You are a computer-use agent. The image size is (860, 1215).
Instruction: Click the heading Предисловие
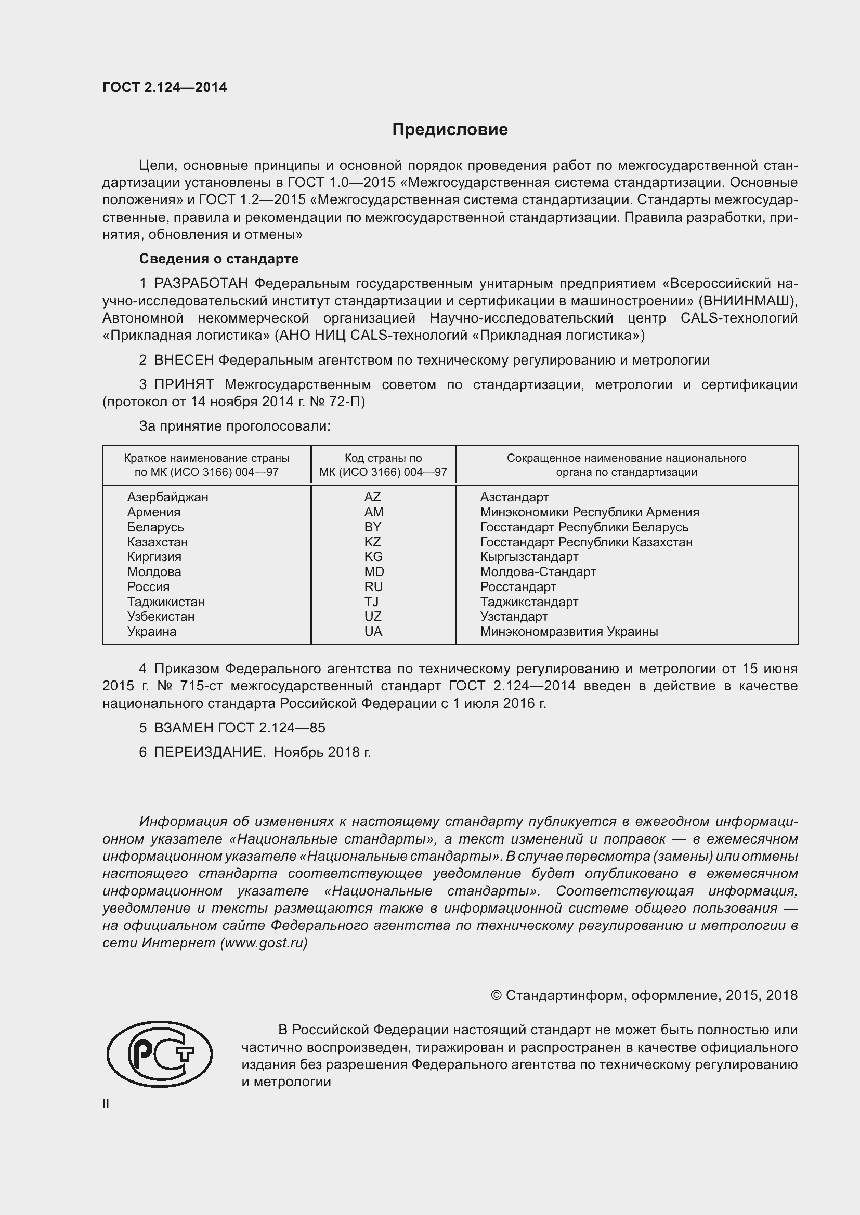coord(450,130)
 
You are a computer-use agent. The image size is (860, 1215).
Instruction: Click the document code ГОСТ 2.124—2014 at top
coord(165,88)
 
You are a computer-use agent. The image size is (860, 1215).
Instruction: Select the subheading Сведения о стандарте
coord(219,259)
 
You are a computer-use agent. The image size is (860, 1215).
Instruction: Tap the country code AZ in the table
coord(372,497)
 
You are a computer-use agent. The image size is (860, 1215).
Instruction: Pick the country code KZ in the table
coord(372,542)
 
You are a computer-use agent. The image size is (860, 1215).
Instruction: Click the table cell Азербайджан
coord(167,497)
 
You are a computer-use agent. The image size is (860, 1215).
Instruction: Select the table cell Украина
coord(151,631)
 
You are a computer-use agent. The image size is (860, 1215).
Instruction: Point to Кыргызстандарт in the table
coord(529,557)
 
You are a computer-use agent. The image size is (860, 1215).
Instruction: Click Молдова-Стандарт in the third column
coord(538,572)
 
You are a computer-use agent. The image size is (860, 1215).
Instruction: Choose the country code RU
coord(373,587)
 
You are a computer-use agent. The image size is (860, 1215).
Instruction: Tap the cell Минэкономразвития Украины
coord(569,631)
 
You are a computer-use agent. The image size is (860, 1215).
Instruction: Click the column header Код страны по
coord(383,458)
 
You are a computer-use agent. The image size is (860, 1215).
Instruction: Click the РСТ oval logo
coord(160,1054)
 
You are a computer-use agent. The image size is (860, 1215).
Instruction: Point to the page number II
coord(106,1103)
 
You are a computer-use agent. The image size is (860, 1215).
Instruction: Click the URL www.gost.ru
coord(263,943)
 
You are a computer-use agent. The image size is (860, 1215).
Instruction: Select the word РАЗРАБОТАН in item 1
coord(201,284)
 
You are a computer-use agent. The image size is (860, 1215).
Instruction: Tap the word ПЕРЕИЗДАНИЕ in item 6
coord(210,752)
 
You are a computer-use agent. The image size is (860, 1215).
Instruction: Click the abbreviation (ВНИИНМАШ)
coord(747,301)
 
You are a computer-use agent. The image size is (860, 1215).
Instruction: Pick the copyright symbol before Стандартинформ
coord(496,995)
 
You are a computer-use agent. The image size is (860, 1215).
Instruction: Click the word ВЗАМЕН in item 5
coord(183,728)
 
